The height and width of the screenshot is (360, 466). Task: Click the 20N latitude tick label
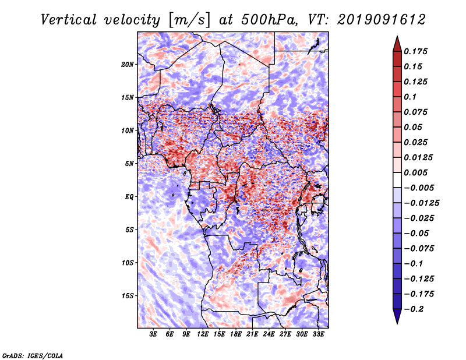coord(128,64)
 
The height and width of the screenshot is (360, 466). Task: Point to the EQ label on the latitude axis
coord(129,197)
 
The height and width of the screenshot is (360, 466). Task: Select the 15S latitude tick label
coord(128,296)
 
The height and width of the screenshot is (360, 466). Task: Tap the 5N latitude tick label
coord(129,164)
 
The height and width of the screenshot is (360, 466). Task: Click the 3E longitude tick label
coord(154,335)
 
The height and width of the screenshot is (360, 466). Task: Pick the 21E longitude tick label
coord(253,335)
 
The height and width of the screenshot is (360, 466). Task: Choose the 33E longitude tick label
coord(319,335)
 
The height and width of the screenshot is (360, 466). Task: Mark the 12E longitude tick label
coord(203,335)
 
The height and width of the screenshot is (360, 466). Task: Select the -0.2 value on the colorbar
coord(415,309)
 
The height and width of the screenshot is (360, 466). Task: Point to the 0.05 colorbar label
coord(414,127)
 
